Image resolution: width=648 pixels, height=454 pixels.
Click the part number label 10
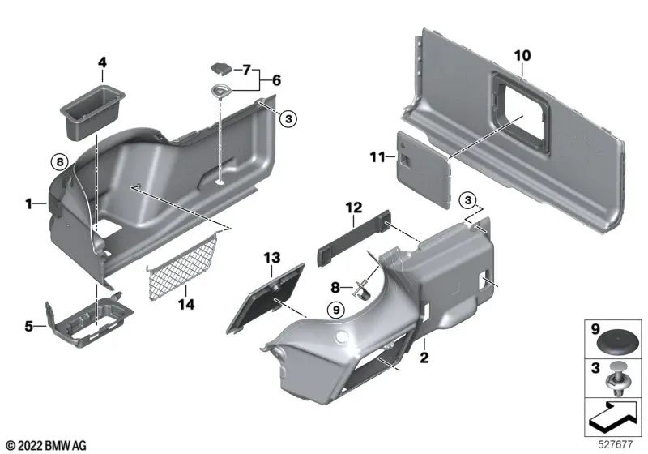(x=522, y=55)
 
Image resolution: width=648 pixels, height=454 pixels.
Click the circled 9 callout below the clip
(x=335, y=308)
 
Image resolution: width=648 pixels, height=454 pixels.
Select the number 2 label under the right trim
(x=423, y=356)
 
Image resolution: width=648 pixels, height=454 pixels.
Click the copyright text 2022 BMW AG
(x=46, y=445)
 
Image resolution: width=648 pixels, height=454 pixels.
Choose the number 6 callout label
(x=275, y=80)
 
